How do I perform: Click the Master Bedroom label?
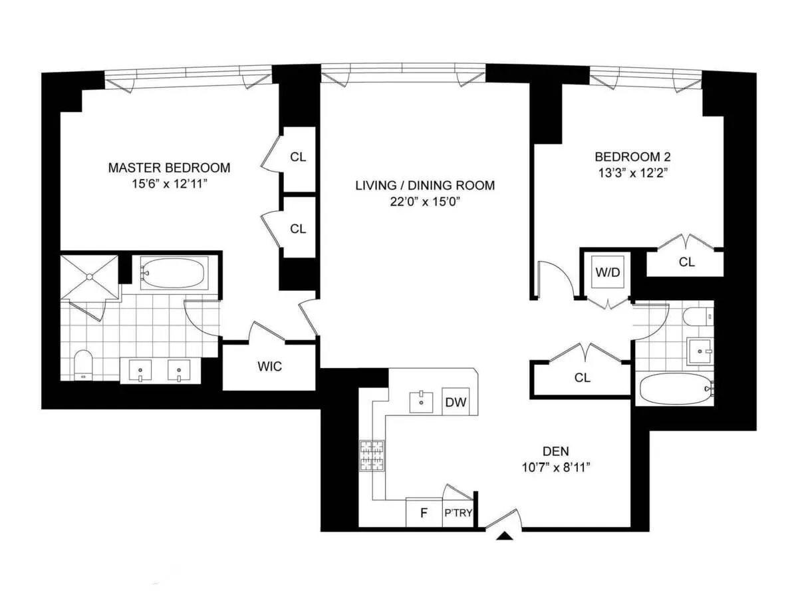tap(169, 168)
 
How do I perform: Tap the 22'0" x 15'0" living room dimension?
tap(424, 202)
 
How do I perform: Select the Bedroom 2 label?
tap(632, 157)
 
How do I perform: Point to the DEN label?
tap(555, 450)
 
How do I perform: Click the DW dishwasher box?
tap(456, 402)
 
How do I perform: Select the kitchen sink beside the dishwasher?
tap(422, 402)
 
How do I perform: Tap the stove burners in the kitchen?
tap(372, 456)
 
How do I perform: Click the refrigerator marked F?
tap(423, 513)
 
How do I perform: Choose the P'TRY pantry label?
tap(457, 513)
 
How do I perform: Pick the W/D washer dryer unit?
tap(608, 273)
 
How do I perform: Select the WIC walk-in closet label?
tap(269, 367)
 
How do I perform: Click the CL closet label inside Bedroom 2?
tap(686, 262)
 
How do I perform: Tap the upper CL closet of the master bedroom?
tap(298, 157)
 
